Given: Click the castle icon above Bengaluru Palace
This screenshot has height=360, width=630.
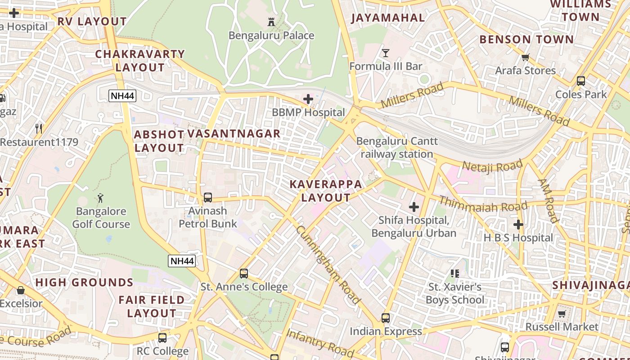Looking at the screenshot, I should click(x=271, y=22).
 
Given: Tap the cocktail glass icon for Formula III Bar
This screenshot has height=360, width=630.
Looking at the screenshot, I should click(x=386, y=53).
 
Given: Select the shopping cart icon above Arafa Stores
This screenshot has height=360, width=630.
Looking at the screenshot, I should click(x=525, y=57).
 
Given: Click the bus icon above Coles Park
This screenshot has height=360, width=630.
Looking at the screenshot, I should click(x=581, y=81).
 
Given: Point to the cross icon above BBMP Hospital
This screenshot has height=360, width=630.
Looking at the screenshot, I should click(x=308, y=99).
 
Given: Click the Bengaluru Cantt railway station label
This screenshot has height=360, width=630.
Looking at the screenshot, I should click(x=396, y=148).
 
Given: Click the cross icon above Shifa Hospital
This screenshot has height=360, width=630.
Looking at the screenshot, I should click(x=414, y=207).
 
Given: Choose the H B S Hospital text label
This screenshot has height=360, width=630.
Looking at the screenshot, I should click(x=518, y=238).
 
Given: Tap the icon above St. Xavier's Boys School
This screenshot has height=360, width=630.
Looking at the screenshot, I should click(x=454, y=273).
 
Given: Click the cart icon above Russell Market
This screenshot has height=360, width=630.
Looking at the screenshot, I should click(x=562, y=314).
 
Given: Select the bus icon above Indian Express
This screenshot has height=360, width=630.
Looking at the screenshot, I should click(x=386, y=318).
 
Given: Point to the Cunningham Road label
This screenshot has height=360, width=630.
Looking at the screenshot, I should click(x=328, y=264).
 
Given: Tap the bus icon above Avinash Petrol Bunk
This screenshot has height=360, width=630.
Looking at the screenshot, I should click(x=207, y=197).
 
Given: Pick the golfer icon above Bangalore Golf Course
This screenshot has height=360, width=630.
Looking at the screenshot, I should click(x=100, y=198).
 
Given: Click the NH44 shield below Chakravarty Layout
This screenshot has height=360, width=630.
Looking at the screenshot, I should click(x=122, y=95).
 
